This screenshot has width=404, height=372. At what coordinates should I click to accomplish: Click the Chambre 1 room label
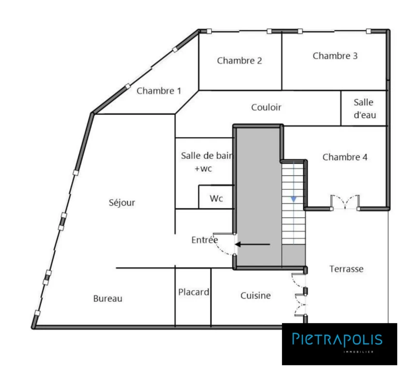[x=159, y=91]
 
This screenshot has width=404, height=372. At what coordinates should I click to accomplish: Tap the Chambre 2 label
[x=239, y=61]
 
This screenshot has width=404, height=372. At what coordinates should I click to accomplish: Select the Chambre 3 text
[x=335, y=56]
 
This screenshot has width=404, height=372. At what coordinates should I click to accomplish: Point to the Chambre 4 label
[x=345, y=157]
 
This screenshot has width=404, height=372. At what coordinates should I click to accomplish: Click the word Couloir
[x=266, y=108]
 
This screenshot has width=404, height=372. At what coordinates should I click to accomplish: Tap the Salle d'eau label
[x=365, y=108]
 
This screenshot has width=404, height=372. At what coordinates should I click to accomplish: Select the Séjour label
[x=122, y=202]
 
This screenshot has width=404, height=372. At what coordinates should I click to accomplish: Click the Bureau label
[x=108, y=298]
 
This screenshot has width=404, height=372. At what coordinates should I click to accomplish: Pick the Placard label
[x=194, y=292]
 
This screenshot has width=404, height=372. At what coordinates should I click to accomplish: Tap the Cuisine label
[x=255, y=295]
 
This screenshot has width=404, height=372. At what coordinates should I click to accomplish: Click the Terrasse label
[x=346, y=269]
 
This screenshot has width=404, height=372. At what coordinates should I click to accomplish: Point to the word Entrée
[x=205, y=240]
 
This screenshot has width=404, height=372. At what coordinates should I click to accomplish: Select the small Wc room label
[x=216, y=199]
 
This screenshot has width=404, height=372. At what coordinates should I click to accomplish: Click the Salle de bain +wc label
[x=206, y=162]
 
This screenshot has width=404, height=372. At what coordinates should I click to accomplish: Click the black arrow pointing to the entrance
[x=253, y=244]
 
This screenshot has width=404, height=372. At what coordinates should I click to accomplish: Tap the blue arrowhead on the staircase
[x=294, y=199]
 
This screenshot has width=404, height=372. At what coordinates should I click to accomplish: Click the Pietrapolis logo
[x=339, y=344]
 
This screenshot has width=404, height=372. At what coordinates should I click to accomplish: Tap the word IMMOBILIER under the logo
[x=359, y=352]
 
